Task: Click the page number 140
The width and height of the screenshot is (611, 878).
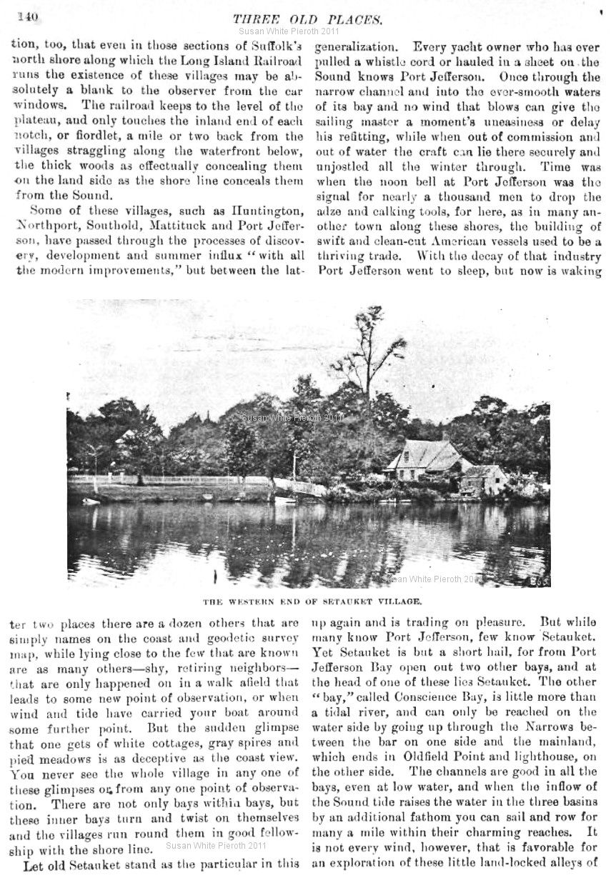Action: pos(29,15)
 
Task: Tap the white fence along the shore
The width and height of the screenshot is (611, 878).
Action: pos(179,479)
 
